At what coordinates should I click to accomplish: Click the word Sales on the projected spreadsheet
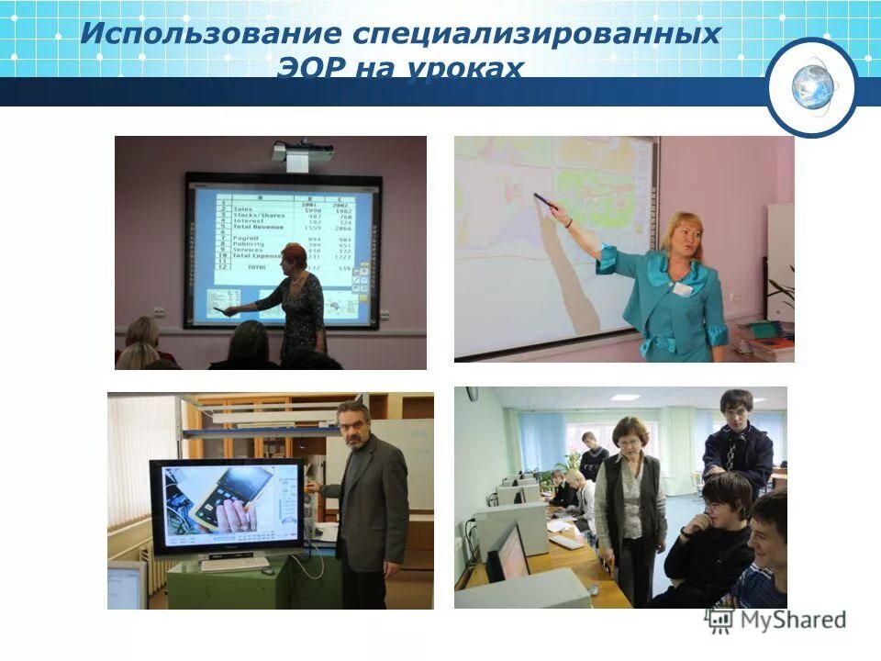pos(243,209)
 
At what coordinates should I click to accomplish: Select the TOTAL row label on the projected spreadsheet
pos(256,266)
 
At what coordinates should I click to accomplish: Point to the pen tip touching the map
pos(536,195)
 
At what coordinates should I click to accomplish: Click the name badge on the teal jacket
pos(681,288)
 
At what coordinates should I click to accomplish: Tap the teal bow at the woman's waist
pos(659,344)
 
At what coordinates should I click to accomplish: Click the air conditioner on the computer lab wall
pos(472,394)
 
